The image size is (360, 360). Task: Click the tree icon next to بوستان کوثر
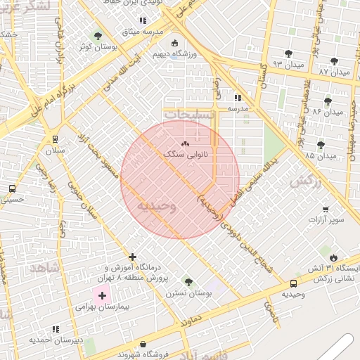(x=98, y=36)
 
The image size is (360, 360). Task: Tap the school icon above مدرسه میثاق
(x=143, y=20)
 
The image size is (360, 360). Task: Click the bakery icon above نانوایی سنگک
(x=175, y=143)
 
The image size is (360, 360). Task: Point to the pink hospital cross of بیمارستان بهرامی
(x=103, y=295)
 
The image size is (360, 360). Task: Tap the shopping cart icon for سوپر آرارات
(x=326, y=209)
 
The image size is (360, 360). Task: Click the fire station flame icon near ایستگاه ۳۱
(x=333, y=258)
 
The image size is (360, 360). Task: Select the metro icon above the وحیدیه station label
(x=292, y=283)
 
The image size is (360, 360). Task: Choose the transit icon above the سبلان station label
(x=55, y=139)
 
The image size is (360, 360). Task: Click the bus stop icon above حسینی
(x=12, y=188)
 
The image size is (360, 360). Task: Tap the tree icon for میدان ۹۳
(x=288, y=53)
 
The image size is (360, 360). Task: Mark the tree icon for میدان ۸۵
(x=321, y=145)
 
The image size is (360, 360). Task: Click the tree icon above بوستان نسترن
(x=188, y=281)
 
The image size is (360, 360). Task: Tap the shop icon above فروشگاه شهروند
(x=144, y=345)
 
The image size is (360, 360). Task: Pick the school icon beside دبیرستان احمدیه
(x=56, y=329)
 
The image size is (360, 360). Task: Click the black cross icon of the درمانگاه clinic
(x=132, y=257)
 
